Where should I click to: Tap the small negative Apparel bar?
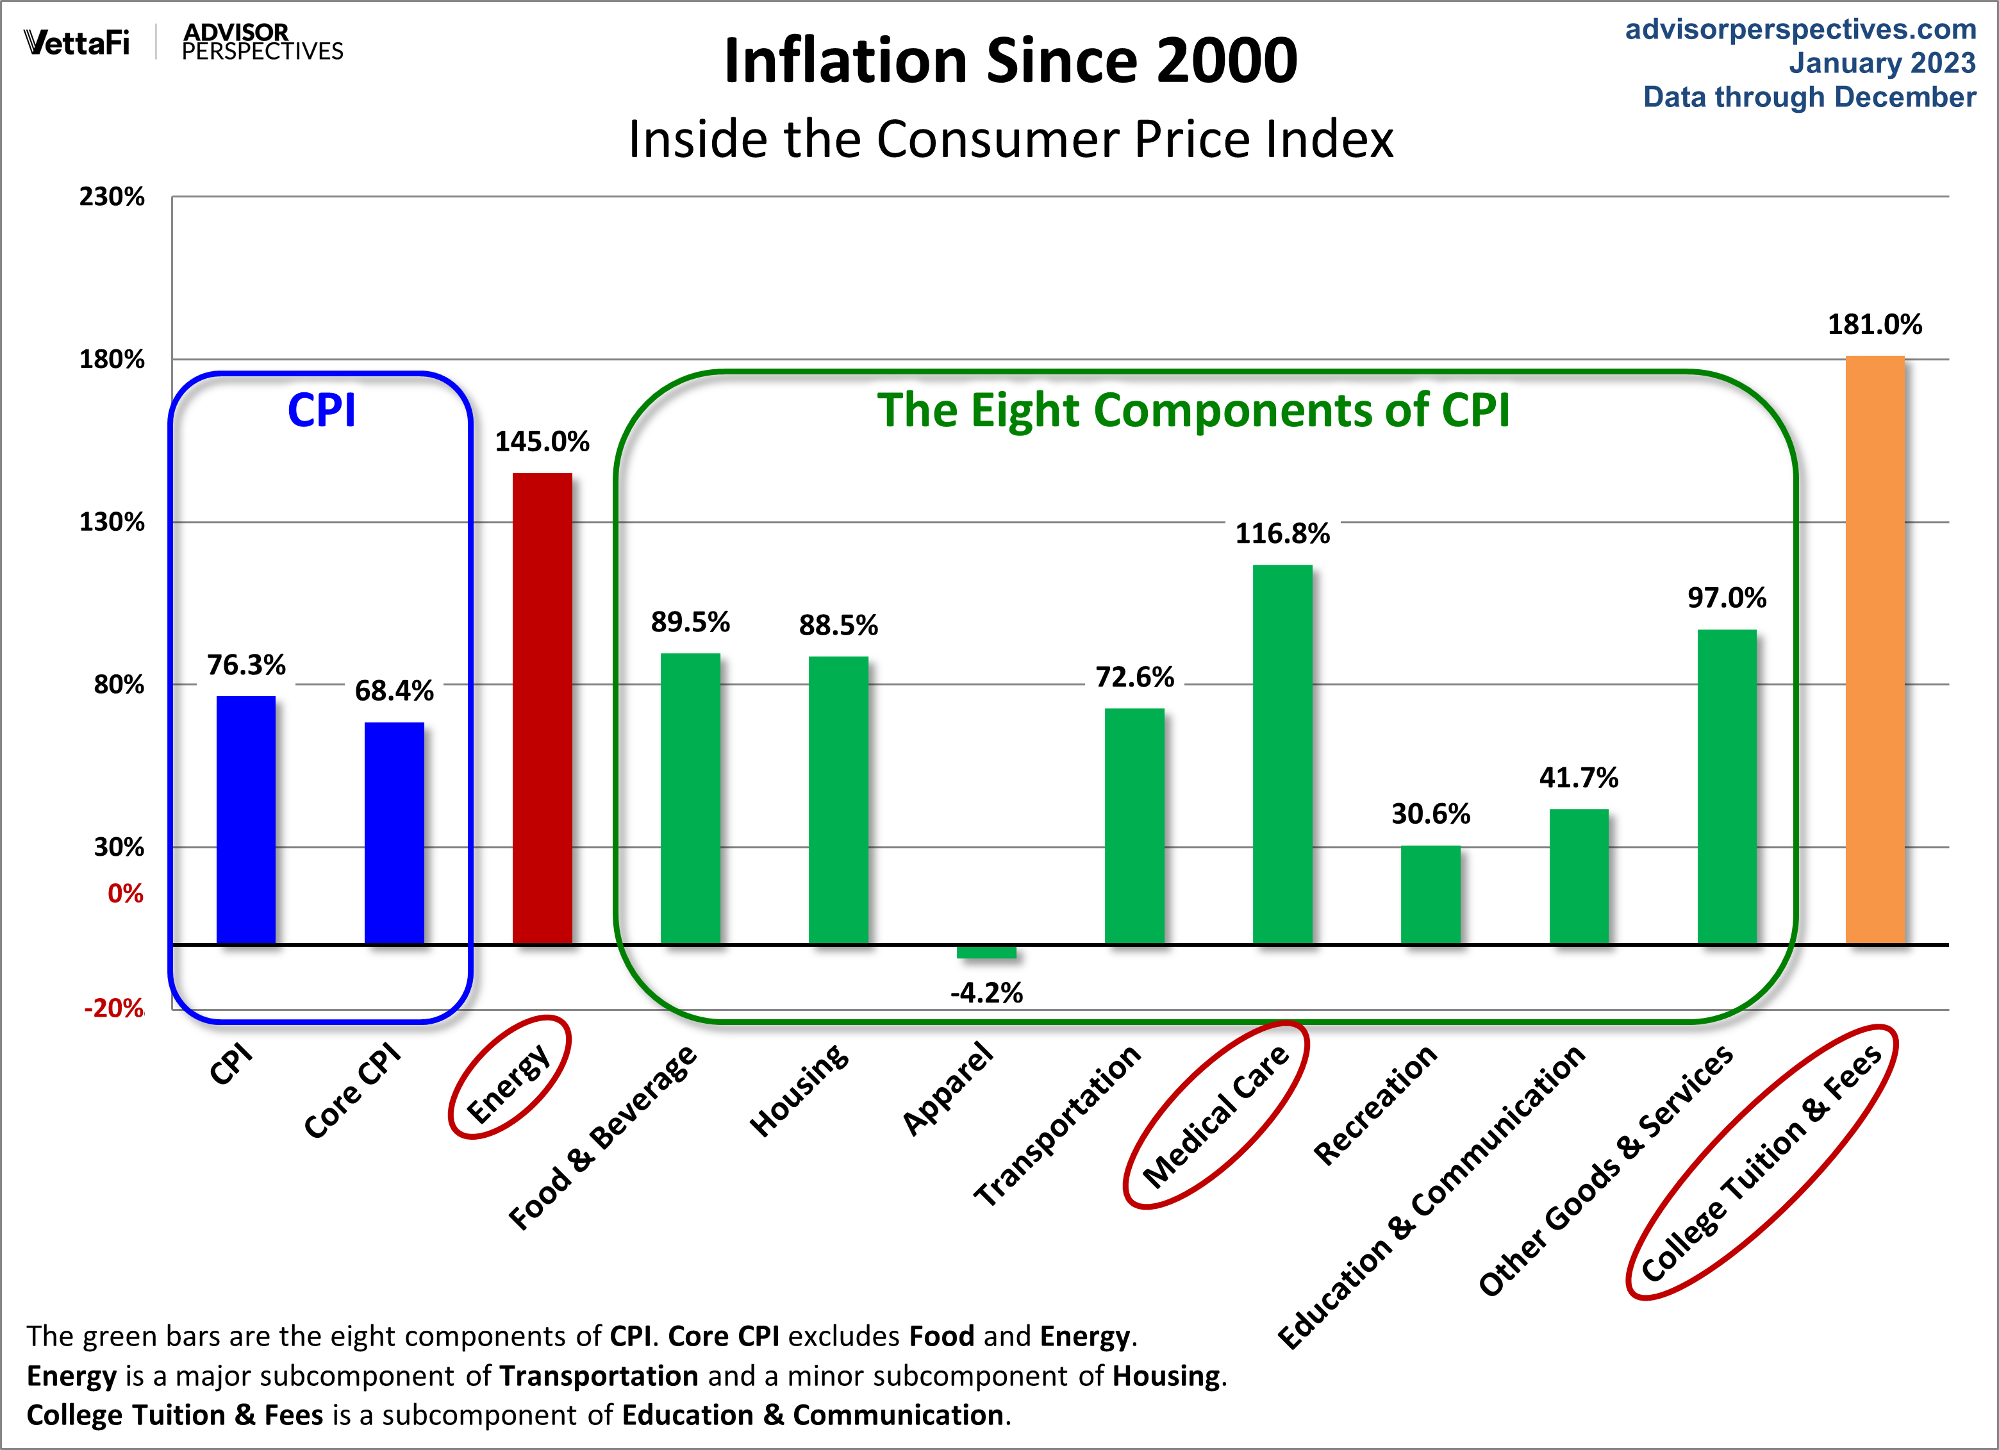pos(986,951)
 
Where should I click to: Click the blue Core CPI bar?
pos(394,833)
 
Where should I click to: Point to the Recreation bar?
pos(1431,895)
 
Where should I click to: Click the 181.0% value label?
pos(1875,324)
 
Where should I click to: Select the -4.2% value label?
pos(986,994)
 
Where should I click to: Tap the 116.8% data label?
pos(1282,533)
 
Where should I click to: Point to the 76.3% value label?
pos(246,665)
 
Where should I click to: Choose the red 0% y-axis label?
pos(125,894)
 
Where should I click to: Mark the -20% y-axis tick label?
pos(113,1008)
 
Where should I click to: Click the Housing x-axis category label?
pos(799,1090)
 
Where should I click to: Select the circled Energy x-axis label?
pos(509,1084)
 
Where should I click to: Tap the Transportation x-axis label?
pos(1057,1126)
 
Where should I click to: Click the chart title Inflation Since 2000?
pos(1010,61)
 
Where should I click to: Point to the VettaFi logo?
pos(77,42)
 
